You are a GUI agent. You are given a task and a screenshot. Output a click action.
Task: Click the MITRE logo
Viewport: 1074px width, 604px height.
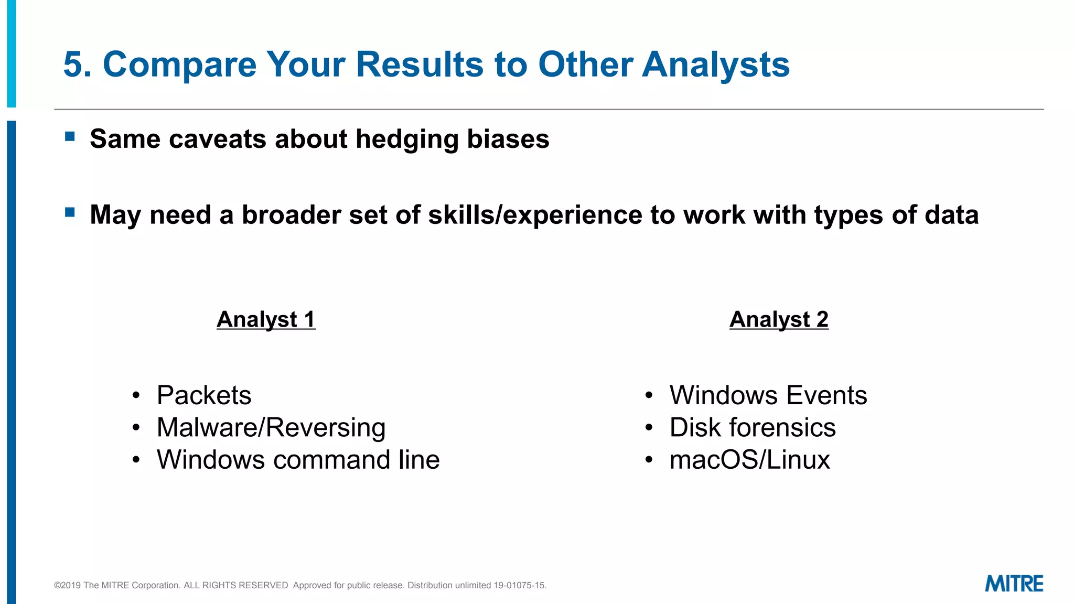pyautogui.click(x=1014, y=584)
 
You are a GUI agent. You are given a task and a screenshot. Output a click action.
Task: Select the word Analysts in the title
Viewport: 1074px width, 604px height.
pyautogui.click(x=716, y=65)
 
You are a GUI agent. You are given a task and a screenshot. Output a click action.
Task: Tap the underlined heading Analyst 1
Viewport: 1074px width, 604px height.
pyautogui.click(x=266, y=319)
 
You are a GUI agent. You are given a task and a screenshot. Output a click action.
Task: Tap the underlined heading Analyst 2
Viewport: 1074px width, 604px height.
pyautogui.click(x=779, y=319)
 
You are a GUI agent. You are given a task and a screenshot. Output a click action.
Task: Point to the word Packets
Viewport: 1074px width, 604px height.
pyautogui.click(x=204, y=395)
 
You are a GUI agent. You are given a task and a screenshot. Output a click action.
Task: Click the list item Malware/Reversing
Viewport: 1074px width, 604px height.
pyautogui.click(x=271, y=427)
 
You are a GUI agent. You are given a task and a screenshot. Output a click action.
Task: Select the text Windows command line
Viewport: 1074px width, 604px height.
pyautogui.click(x=298, y=460)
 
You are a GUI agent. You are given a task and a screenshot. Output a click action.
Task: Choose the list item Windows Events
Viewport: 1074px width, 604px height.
pyautogui.click(x=768, y=395)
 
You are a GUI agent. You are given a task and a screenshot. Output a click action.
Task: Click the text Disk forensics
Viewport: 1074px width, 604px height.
pyautogui.click(x=753, y=427)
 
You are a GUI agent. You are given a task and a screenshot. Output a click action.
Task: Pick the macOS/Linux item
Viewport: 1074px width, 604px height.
pyautogui.click(x=750, y=460)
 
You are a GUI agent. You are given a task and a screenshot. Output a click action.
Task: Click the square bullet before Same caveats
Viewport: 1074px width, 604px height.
pyautogui.click(x=70, y=137)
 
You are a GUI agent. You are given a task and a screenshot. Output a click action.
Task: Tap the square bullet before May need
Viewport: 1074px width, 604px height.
pyautogui.click(x=70, y=212)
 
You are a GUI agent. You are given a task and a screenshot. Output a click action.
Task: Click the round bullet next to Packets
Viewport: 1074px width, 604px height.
pyautogui.click(x=136, y=396)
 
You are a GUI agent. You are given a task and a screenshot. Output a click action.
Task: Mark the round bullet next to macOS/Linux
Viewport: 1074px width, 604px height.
pyautogui.click(x=649, y=460)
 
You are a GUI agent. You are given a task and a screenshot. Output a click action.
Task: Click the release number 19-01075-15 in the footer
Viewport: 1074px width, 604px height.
pyautogui.click(x=519, y=585)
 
